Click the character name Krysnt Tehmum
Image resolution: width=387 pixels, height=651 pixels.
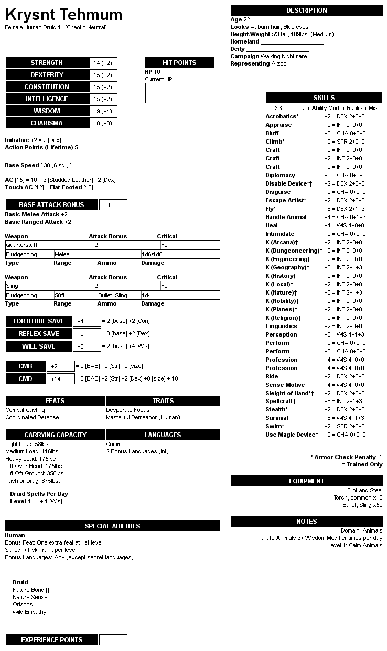[63, 15]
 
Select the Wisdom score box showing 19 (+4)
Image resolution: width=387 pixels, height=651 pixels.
[103, 111]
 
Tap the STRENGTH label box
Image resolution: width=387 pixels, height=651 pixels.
[47, 63]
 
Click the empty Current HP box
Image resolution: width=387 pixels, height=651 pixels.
[179, 93]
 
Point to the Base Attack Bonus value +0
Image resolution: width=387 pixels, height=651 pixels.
[113, 205]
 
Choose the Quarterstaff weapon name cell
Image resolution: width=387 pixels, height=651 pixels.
[47, 245]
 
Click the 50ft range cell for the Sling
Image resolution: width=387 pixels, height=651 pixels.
[75, 295]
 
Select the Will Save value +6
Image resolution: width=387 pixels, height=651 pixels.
[87, 346]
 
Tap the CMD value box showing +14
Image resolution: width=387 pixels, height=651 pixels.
[60, 379]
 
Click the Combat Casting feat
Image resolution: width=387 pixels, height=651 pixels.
[25, 410]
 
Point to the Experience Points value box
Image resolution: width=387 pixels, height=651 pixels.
[113, 640]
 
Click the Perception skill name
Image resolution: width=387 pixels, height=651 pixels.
[281, 334]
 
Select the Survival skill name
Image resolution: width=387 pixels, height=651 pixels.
[276, 418]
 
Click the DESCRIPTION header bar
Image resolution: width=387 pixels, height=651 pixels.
[306, 10]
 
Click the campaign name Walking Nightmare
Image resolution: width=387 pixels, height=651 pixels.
[284, 56]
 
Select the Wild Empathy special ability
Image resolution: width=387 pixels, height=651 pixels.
[29, 612]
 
